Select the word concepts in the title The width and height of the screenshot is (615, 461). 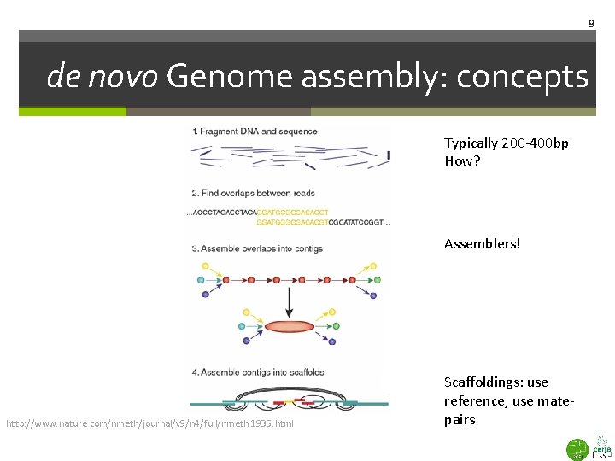[522, 77]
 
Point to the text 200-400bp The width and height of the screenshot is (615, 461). [532, 143]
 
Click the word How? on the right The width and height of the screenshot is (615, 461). [462, 161]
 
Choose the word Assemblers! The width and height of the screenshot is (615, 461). [482, 244]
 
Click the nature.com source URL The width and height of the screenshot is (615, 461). [150, 423]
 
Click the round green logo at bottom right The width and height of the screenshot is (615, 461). [577, 447]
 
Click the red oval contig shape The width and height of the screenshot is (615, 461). [290, 325]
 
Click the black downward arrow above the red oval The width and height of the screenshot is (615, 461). [290, 300]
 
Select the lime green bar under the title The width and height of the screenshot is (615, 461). [73, 111]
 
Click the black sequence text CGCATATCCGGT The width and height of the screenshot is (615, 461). [357, 222]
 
